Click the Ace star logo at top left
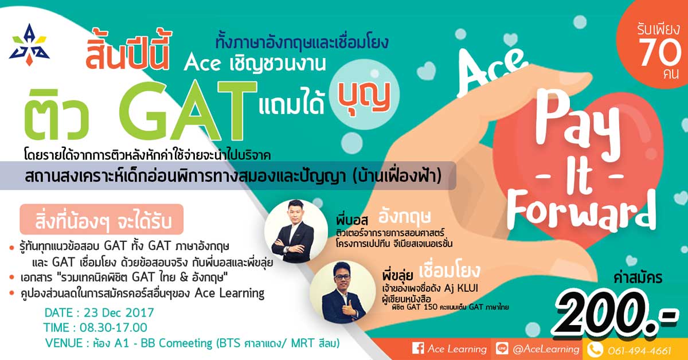[x=29, y=45]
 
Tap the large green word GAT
[x=188, y=111]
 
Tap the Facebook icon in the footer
[x=418, y=349]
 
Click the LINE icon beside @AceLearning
[x=502, y=349]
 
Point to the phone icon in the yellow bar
[x=595, y=350]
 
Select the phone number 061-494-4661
[x=639, y=350]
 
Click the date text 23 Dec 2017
[x=119, y=313]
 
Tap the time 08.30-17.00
[x=114, y=328]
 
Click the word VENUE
[x=64, y=343]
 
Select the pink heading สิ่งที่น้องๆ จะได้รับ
[x=102, y=220]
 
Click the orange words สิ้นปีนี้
[x=128, y=50]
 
